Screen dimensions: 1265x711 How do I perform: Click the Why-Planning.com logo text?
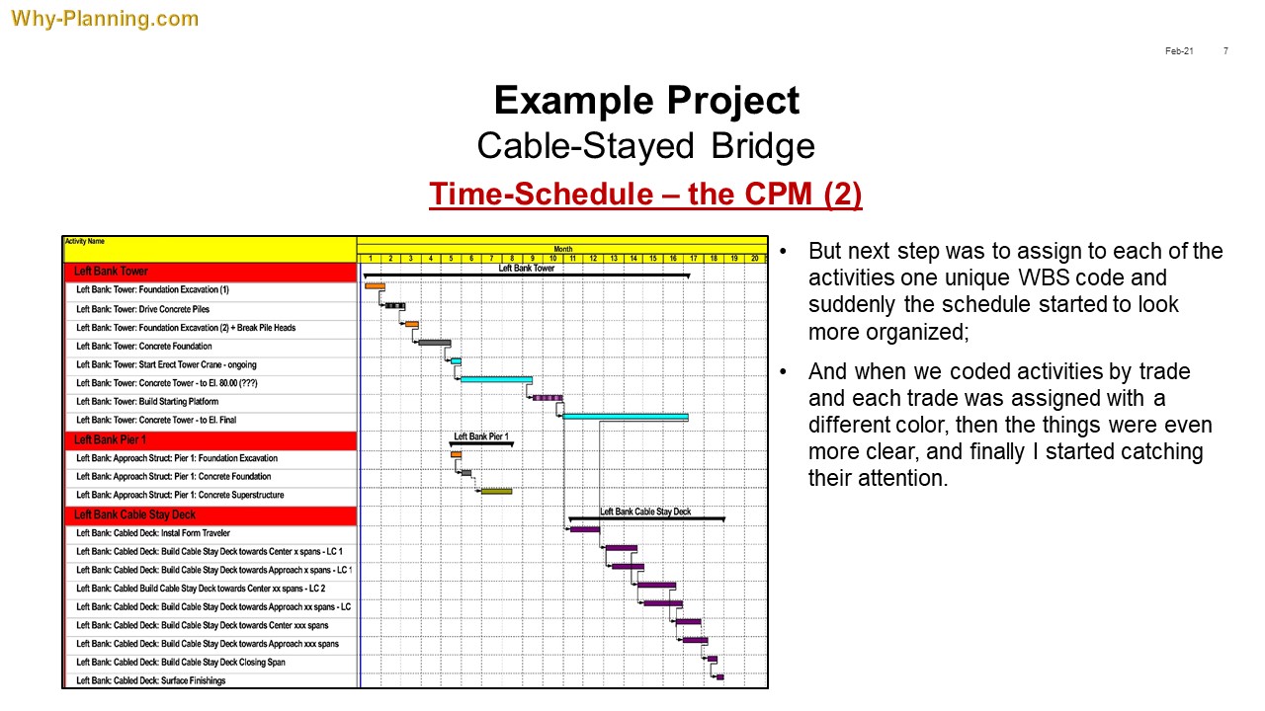(105, 19)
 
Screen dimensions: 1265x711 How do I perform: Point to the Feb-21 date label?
(1179, 50)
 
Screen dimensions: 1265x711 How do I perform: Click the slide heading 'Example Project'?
(646, 101)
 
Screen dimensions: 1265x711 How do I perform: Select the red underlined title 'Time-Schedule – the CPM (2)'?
(645, 194)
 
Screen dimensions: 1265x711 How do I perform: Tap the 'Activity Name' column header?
(85, 241)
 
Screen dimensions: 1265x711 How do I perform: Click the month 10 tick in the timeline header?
(552, 259)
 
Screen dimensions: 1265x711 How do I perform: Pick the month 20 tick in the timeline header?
(754, 259)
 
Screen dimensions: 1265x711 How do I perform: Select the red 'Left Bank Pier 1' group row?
(211, 439)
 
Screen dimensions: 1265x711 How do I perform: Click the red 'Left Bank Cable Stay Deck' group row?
(211, 514)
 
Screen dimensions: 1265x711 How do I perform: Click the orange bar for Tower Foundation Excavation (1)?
(375, 286)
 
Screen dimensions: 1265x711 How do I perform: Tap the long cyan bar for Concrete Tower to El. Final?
(626, 417)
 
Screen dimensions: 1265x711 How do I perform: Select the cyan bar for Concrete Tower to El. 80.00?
(496, 380)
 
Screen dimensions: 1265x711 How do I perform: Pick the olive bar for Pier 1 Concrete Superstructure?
(496, 492)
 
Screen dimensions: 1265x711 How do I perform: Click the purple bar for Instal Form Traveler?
(584, 529)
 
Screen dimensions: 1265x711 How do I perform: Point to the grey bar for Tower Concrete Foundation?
(434, 343)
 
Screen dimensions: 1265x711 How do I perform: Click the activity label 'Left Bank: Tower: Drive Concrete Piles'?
(143, 309)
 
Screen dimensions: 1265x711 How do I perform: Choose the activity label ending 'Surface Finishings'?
(151, 680)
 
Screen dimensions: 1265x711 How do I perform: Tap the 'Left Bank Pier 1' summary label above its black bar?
(481, 436)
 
